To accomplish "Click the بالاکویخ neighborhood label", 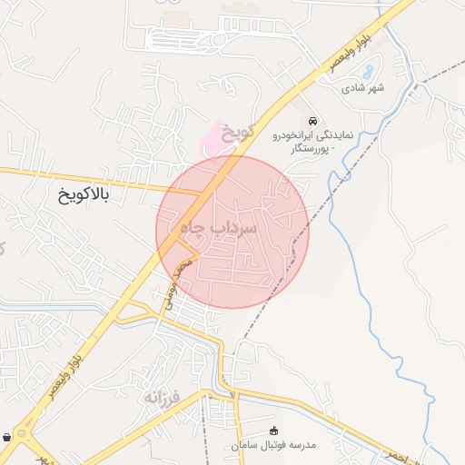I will [83, 195].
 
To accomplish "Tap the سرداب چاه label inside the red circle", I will [219, 228].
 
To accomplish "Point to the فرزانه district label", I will [164, 396].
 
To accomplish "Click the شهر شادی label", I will [363, 88].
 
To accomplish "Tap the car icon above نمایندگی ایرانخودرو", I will [313, 121].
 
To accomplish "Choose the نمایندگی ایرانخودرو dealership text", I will [312, 135].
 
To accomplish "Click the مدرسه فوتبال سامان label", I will [275, 445].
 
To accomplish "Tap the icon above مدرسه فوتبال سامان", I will [275, 430].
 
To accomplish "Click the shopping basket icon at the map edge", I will [7, 437].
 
